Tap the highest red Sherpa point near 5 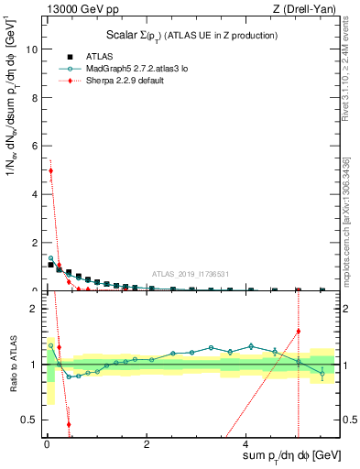(x=51, y=170)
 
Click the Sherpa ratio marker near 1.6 (x=299, y=331)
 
